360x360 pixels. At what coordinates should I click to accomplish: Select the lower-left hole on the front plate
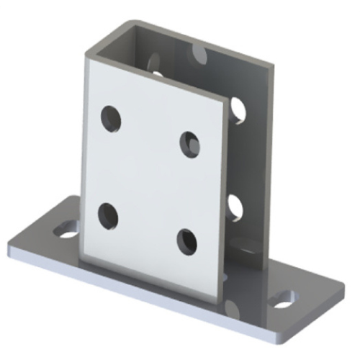(109, 214)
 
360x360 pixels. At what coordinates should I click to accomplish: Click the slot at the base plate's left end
(65, 230)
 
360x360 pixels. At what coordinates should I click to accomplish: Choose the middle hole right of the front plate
(235, 206)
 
